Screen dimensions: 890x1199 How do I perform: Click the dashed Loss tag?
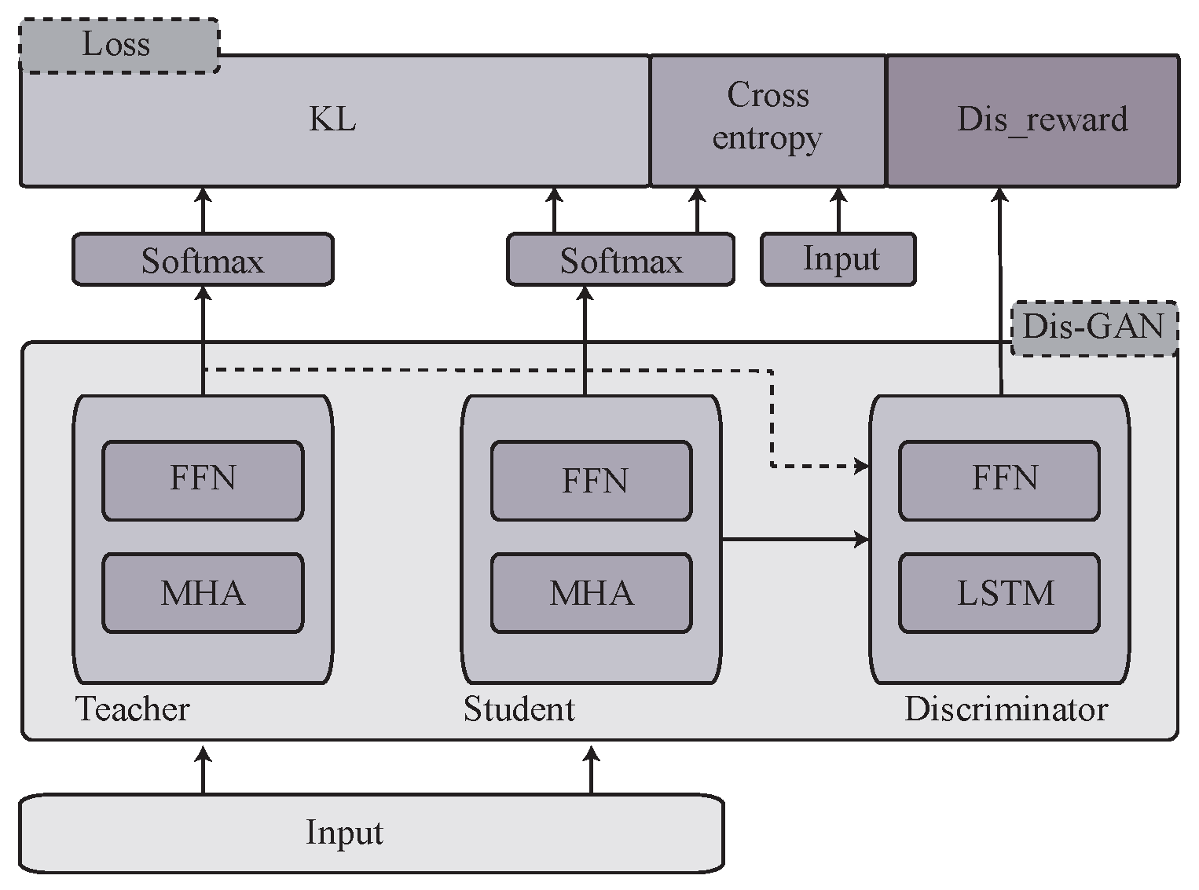(119, 46)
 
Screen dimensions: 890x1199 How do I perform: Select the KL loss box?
(333, 121)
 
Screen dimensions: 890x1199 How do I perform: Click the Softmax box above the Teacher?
(203, 260)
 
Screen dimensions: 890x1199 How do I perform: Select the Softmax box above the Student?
(620, 260)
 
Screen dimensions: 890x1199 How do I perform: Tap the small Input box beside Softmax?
(838, 259)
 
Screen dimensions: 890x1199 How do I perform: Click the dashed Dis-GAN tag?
(1093, 327)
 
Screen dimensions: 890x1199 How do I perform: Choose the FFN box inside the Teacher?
(203, 480)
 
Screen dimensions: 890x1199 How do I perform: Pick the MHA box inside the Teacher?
(203, 593)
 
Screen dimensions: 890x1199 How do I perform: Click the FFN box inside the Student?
(592, 480)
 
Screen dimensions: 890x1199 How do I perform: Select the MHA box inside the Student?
(592, 593)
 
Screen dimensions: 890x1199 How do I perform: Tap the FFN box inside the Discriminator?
(999, 480)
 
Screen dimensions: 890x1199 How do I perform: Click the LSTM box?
(999, 593)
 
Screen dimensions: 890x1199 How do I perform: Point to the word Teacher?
(133, 709)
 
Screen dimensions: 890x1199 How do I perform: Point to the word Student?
(519, 709)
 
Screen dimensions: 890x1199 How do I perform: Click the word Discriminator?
(1006, 709)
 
